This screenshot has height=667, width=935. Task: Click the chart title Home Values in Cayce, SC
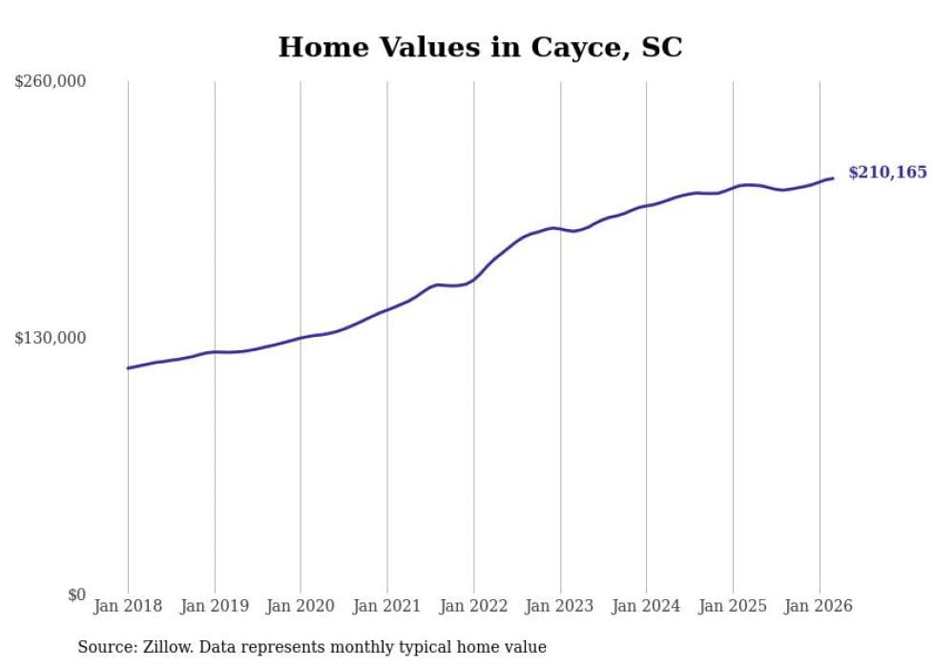pos(480,47)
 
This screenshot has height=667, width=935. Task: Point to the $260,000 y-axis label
pos(51,82)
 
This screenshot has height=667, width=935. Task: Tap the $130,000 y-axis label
pos(51,338)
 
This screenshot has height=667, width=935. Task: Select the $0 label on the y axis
pos(76,594)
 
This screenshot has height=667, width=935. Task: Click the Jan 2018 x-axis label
pos(128,606)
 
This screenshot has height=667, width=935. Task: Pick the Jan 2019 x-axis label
pos(215,606)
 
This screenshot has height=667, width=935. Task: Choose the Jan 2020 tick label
pos(301,606)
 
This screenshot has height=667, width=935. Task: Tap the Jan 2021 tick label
pos(387,606)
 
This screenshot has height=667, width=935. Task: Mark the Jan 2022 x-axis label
pos(473,606)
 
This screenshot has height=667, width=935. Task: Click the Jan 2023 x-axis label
pos(560,606)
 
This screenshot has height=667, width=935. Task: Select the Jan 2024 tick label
pos(646,606)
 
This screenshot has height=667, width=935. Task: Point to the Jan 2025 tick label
pos(733,606)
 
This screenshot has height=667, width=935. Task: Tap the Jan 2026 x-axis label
pos(819,606)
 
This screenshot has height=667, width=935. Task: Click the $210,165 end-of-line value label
pos(887,173)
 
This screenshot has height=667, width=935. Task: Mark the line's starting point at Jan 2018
pos(128,367)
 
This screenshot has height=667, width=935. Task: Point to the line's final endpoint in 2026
pos(833,178)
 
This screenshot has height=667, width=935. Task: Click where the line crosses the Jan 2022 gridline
pos(473,279)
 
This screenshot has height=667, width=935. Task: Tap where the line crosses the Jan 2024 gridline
pos(646,205)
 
